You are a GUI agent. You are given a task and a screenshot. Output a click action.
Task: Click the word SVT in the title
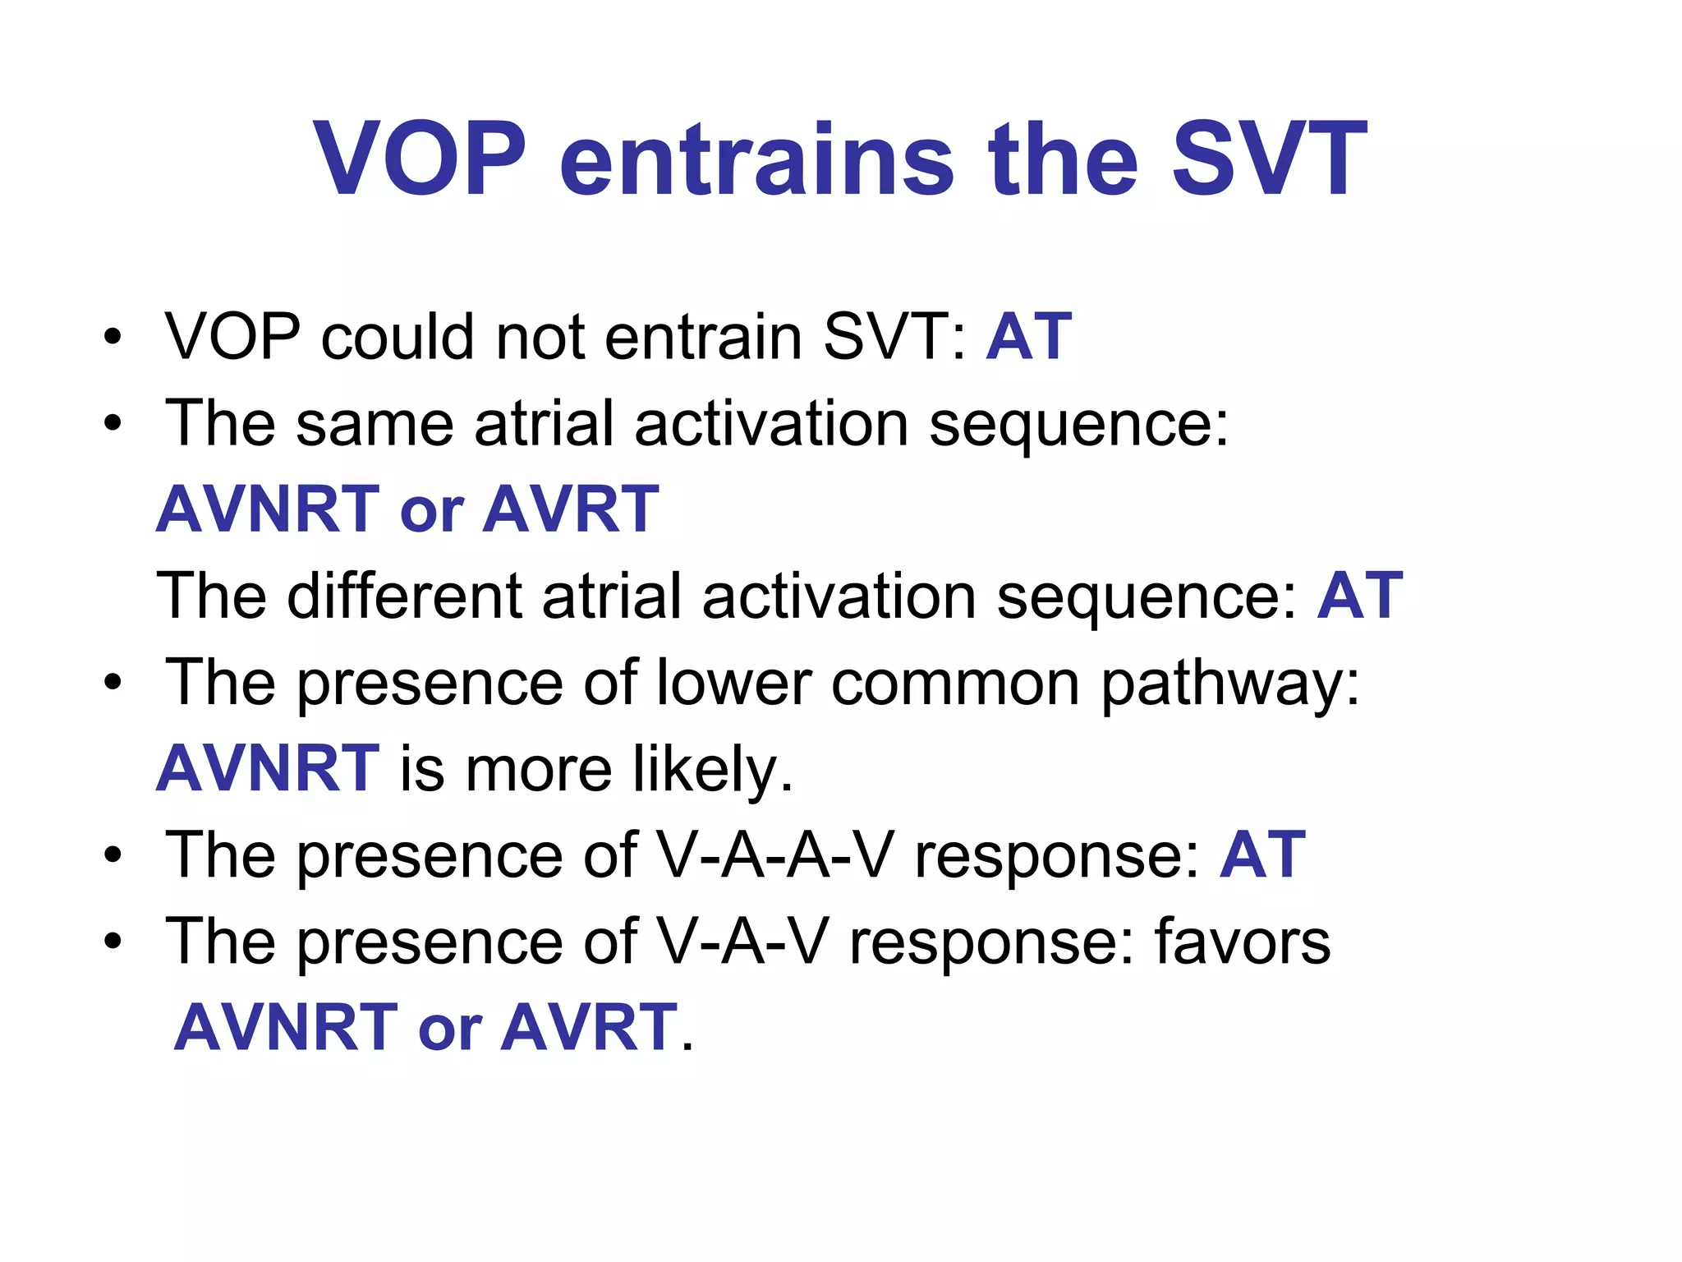point(1268,159)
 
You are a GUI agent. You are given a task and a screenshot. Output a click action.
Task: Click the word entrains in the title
point(756,159)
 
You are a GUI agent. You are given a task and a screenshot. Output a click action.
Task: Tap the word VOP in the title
point(419,159)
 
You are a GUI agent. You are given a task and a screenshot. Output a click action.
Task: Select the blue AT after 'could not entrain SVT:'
point(1028,337)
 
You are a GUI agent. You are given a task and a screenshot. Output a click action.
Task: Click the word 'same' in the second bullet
point(375,424)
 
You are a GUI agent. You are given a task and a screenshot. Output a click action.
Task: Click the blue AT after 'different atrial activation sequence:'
point(1360,596)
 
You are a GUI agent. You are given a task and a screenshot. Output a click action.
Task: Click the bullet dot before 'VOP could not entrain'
point(113,338)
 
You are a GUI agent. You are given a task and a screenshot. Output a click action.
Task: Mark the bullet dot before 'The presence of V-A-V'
point(113,942)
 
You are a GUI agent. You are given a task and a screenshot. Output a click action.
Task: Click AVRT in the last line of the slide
point(589,1028)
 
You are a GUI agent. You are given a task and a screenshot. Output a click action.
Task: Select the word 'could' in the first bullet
point(398,337)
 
